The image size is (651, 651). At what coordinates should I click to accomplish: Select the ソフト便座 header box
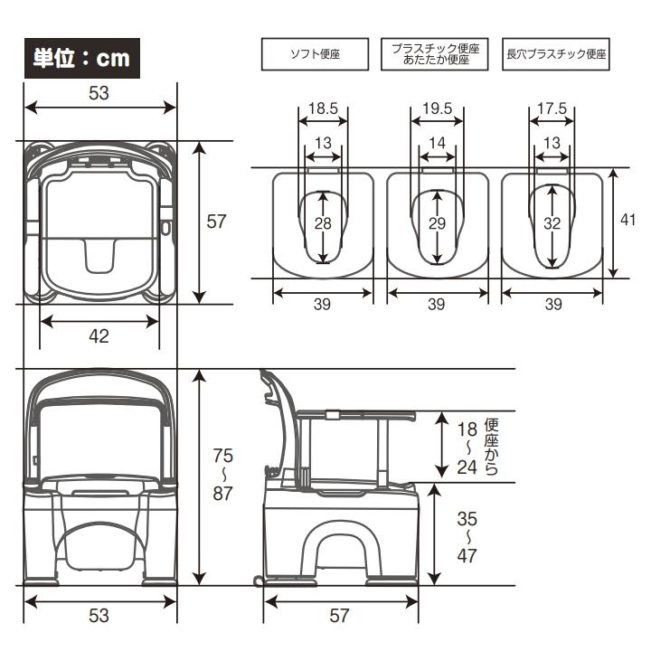click(315, 54)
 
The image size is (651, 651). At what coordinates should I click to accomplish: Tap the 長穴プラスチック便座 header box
click(557, 54)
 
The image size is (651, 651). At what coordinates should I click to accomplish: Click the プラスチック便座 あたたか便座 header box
click(436, 54)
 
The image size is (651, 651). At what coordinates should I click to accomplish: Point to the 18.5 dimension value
click(323, 108)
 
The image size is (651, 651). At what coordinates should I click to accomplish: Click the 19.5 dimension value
click(437, 108)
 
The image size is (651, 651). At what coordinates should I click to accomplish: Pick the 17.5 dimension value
click(552, 108)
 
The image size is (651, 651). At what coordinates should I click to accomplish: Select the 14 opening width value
click(437, 143)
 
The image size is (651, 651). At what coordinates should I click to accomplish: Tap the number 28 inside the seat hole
click(323, 223)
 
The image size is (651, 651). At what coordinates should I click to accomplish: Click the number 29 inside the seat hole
click(437, 223)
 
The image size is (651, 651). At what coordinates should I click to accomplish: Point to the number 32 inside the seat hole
click(552, 223)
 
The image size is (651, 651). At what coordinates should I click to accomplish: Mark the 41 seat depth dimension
click(630, 220)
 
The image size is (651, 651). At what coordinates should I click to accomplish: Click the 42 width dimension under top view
click(99, 336)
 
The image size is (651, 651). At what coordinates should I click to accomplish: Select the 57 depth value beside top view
click(215, 222)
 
